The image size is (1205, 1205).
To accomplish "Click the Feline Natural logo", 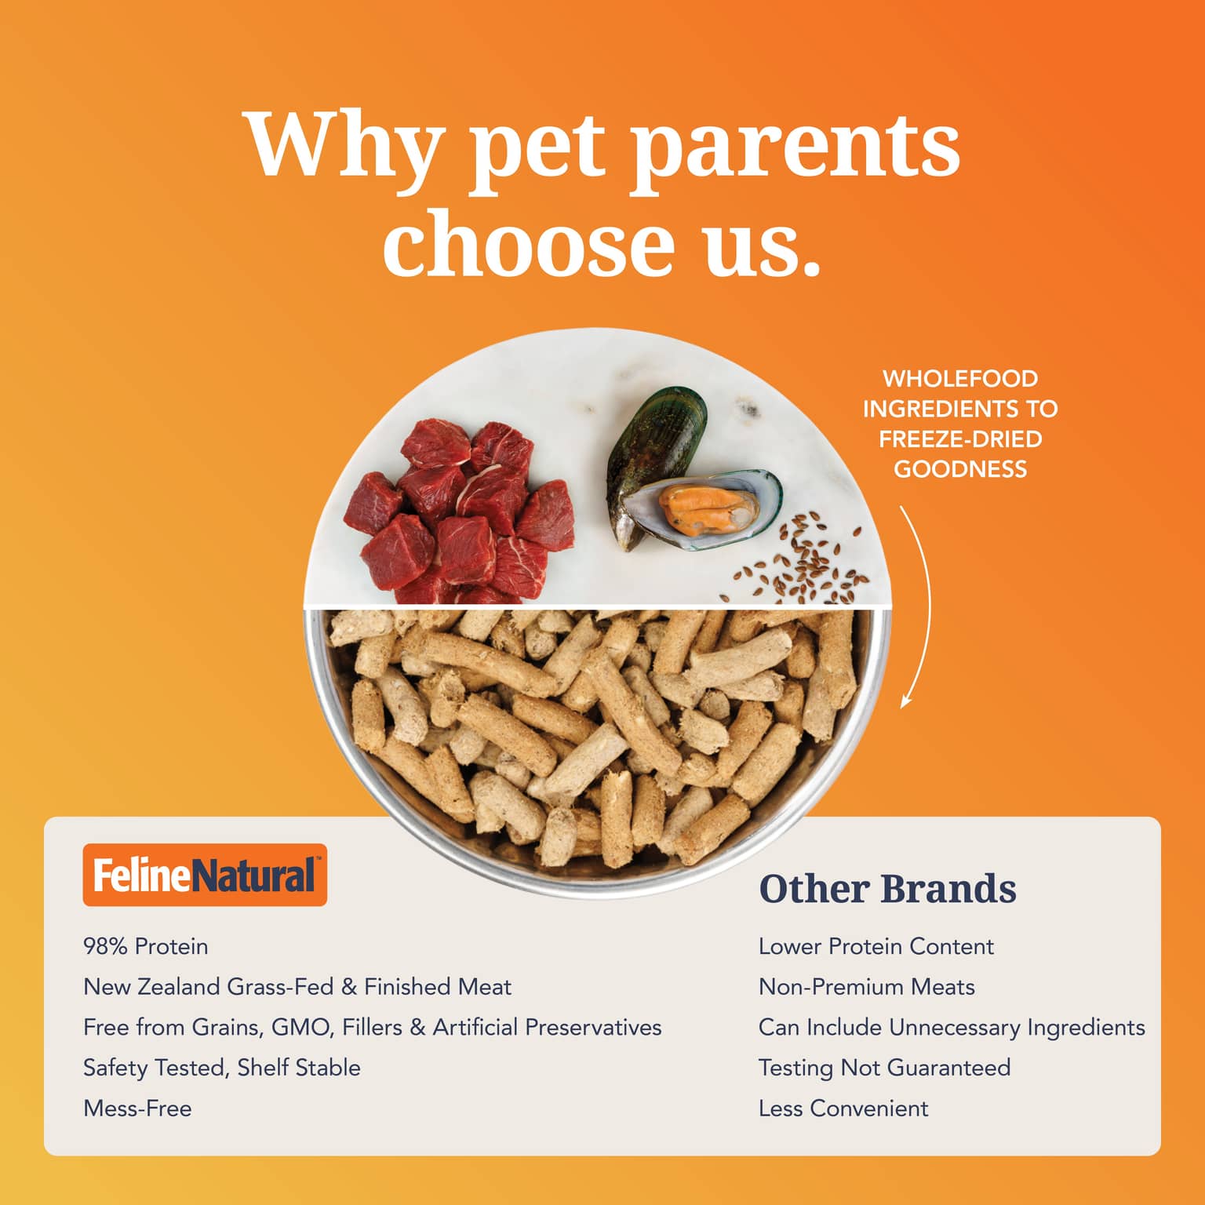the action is point(205,875).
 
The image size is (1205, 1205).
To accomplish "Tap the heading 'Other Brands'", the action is point(887,889).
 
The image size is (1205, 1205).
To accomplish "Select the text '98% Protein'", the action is point(146,946).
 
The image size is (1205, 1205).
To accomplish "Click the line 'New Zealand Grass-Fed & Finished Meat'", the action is point(297,987).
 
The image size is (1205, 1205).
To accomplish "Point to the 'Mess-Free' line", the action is point(137,1109).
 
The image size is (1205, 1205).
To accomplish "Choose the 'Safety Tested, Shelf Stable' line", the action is point(222,1068).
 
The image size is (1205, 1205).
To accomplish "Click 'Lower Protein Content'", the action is point(876,946).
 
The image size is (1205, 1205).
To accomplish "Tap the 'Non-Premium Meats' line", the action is point(867,987).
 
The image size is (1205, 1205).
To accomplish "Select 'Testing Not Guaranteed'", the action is point(885,1068).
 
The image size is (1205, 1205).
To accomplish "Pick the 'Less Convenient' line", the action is point(843,1109).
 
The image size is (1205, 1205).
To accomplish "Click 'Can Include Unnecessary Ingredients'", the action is point(952,1028).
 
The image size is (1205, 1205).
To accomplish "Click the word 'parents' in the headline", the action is point(795,147).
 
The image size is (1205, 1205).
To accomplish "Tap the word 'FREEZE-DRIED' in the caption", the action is point(960,439).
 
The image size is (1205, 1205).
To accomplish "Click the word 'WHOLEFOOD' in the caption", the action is point(960,379).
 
